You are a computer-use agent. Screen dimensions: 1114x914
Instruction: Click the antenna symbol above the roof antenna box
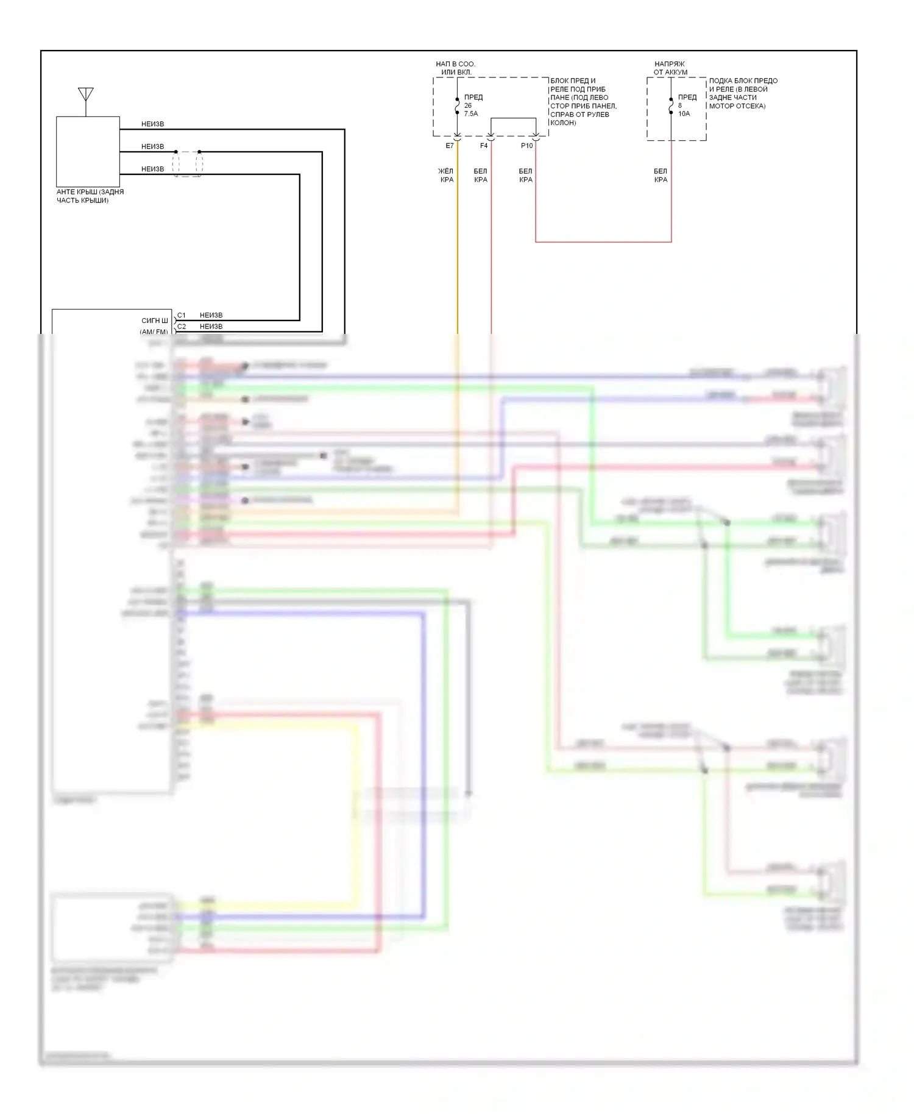(x=86, y=96)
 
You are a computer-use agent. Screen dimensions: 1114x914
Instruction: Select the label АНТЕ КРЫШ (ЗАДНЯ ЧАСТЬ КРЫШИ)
(x=90, y=196)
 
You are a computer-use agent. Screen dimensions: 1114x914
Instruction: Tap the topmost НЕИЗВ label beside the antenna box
(x=152, y=124)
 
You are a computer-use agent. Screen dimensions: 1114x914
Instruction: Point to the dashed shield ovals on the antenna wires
(x=187, y=163)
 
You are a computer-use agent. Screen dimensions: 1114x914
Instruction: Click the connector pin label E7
(x=450, y=146)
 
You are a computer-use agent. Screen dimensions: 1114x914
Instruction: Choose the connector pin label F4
(x=484, y=146)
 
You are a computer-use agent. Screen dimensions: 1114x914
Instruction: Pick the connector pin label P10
(x=526, y=146)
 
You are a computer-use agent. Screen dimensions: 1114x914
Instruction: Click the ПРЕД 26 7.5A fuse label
(x=472, y=105)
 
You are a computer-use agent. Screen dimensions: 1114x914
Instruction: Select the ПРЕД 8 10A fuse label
(x=686, y=105)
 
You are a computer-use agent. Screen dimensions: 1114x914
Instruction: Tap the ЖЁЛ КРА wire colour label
(x=447, y=176)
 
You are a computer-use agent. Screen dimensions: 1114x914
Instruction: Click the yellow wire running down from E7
(x=458, y=244)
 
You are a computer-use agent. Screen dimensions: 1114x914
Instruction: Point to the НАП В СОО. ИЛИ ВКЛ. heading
(x=456, y=68)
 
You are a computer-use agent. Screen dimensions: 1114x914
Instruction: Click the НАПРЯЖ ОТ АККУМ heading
(x=670, y=68)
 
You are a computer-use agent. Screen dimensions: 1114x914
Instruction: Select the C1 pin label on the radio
(x=182, y=316)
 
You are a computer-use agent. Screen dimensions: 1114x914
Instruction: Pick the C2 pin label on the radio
(x=182, y=327)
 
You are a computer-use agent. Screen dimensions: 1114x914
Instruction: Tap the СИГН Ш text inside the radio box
(x=154, y=321)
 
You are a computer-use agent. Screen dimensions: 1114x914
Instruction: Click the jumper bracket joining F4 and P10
(x=513, y=119)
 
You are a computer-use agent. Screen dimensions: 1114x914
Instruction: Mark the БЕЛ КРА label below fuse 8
(x=661, y=176)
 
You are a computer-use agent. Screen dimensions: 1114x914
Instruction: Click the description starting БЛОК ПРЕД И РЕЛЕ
(x=583, y=102)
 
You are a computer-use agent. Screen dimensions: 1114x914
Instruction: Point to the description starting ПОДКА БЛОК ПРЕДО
(x=742, y=93)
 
